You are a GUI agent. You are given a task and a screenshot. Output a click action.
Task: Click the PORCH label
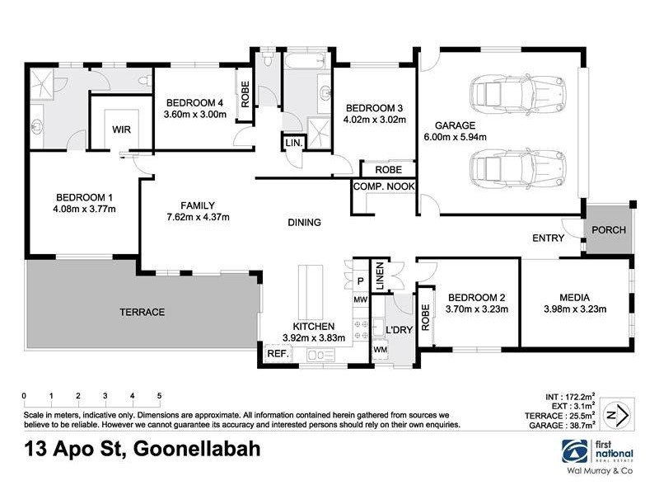610,230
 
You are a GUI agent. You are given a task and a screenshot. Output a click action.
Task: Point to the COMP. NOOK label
383,187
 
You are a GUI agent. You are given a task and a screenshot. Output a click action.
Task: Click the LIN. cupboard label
293,143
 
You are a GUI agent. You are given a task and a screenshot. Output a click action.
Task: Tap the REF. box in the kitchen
275,354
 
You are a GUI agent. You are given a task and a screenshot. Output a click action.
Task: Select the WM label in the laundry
379,351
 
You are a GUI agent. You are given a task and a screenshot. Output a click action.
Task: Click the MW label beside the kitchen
360,300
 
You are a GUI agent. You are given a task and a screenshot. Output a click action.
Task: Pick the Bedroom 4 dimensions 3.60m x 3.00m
194,115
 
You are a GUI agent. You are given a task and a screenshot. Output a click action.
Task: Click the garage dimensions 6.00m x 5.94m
456,137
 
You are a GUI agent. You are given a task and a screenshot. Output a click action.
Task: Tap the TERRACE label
143,313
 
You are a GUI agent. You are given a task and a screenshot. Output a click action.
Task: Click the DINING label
304,223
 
